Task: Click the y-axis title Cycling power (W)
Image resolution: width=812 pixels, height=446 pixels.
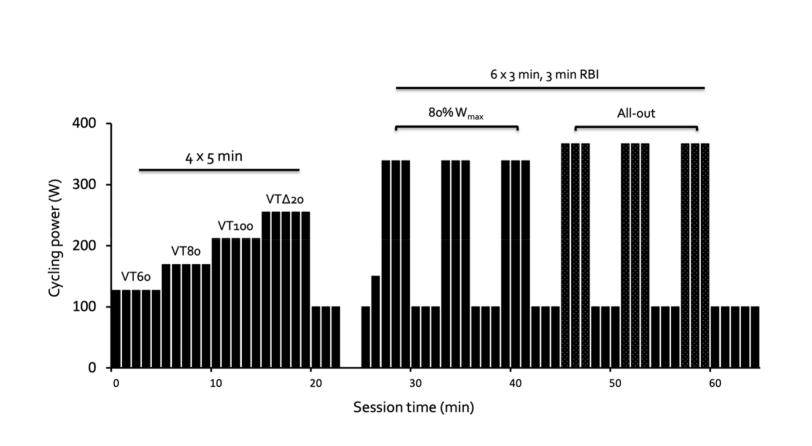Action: (x=54, y=238)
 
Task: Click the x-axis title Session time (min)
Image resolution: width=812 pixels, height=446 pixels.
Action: (x=413, y=407)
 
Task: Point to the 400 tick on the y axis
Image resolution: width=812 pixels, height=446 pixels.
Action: (x=84, y=123)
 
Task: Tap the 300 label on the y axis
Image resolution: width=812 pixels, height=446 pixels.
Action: (x=84, y=184)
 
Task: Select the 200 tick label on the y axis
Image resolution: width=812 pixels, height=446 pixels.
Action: (x=84, y=245)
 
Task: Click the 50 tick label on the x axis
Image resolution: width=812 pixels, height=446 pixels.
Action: (x=615, y=384)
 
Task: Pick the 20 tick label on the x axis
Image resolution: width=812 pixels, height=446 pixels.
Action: (x=315, y=384)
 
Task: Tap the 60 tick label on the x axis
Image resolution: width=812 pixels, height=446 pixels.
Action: (x=715, y=384)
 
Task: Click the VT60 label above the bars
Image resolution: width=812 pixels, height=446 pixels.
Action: (x=136, y=277)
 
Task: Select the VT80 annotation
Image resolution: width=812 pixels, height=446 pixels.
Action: (x=186, y=251)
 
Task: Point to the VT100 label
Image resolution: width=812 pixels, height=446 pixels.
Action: (x=235, y=226)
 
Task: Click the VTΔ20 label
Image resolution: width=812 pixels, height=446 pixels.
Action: (x=284, y=199)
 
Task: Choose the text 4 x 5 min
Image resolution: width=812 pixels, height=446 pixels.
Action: (x=214, y=157)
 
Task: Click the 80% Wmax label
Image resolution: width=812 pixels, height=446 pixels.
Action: (x=456, y=113)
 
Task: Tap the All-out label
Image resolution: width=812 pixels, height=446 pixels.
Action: (x=636, y=113)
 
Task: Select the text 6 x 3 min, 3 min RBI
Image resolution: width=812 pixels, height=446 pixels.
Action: (x=544, y=75)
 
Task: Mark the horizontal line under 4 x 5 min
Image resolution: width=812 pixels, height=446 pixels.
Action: (x=219, y=170)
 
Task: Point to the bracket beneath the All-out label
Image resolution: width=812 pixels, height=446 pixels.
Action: (x=636, y=127)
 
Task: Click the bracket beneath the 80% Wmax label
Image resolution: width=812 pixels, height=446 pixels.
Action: (x=456, y=127)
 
